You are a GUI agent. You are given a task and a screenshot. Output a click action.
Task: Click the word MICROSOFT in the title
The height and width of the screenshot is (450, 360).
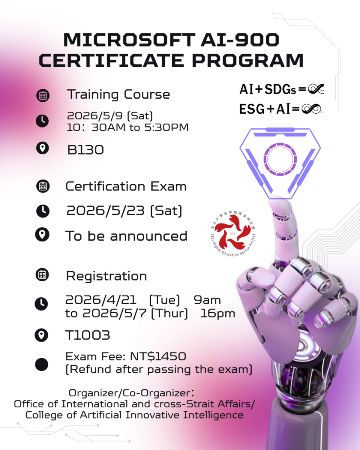coord(129,40)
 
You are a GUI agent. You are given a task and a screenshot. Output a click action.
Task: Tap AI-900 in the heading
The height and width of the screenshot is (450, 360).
coord(240,40)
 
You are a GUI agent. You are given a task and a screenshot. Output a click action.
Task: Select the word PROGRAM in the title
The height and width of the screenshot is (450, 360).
coord(247,60)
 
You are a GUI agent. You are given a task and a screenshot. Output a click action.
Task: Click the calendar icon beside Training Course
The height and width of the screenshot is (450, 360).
coord(43,96)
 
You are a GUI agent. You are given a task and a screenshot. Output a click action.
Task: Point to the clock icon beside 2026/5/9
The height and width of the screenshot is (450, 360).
coord(42,121)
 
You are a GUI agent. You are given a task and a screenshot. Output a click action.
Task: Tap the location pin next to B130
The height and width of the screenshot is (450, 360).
coord(42,148)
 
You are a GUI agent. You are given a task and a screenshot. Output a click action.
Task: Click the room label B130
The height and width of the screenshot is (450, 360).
coord(85,150)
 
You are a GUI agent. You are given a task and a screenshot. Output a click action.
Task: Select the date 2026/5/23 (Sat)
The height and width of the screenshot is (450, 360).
coord(124,211)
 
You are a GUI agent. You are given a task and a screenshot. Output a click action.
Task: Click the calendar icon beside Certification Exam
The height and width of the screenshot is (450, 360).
coord(43,186)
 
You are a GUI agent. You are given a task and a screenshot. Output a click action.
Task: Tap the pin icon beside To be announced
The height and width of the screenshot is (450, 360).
coord(42,234)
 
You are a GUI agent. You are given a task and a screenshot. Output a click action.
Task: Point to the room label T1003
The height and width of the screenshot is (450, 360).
coord(87,335)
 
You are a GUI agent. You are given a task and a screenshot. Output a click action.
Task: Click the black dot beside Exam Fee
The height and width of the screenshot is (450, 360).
coord(41,364)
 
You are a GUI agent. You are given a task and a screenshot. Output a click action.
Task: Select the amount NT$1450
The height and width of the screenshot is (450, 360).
coord(158,356)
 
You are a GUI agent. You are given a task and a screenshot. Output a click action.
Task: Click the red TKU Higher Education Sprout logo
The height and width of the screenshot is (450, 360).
coord(232,234)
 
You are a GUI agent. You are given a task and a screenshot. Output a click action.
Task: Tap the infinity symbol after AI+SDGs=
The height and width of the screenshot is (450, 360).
coord(316,89)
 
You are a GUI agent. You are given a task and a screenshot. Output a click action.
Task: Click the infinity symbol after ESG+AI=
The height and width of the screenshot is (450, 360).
coord(312,109)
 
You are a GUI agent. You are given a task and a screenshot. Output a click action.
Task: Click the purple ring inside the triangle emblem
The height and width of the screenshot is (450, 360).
coord(280,159)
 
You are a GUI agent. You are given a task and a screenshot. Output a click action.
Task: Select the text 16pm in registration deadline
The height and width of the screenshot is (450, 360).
coord(218,314)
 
